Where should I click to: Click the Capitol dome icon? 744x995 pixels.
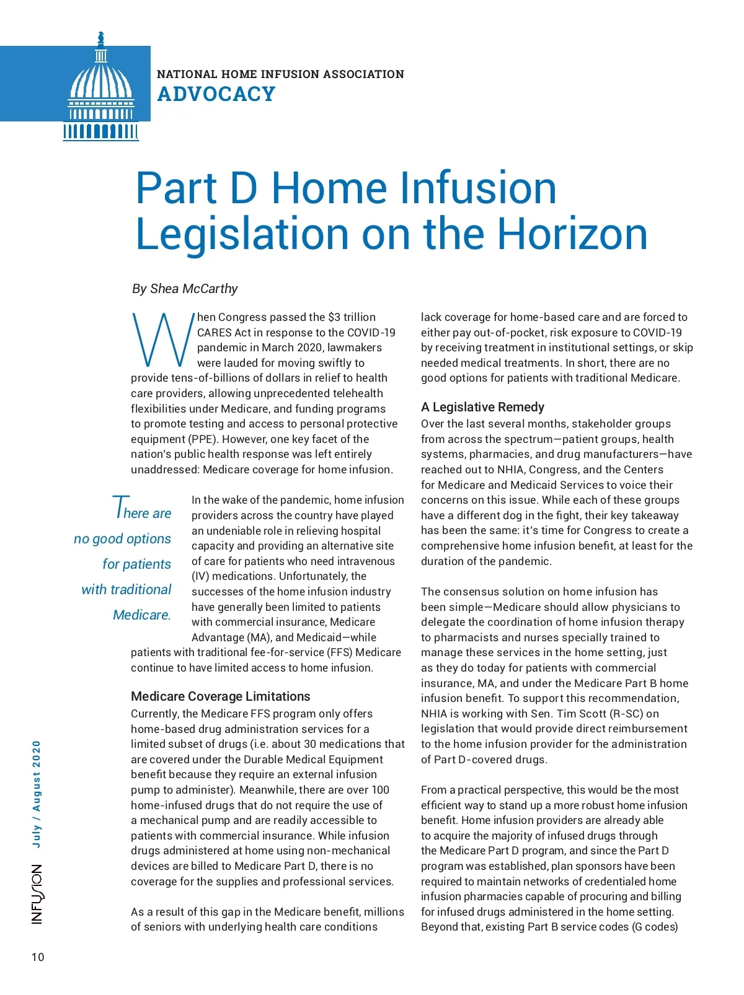tap(100, 87)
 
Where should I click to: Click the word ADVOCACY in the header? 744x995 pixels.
tap(216, 94)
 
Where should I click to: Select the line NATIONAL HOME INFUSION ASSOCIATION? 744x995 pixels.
tap(280, 74)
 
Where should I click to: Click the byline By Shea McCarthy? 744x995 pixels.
tap(185, 289)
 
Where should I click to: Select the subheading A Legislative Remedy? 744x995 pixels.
tap(482, 407)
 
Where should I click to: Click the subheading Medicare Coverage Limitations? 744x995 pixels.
tap(220, 696)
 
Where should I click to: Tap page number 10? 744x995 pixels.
tap(38, 957)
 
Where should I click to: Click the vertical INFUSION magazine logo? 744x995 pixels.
tap(38, 895)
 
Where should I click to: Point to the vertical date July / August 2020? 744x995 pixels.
tap(37, 794)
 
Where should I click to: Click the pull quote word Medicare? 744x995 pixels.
tap(141, 615)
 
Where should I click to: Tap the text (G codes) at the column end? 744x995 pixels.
tap(655, 927)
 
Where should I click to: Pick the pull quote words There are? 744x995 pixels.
tap(142, 511)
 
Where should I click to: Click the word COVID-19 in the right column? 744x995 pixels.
tap(657, 333)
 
